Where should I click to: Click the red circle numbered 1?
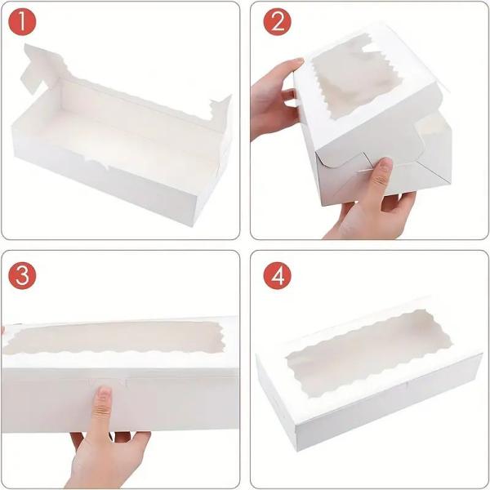pos(24,24)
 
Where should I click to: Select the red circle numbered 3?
pos(24,275)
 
